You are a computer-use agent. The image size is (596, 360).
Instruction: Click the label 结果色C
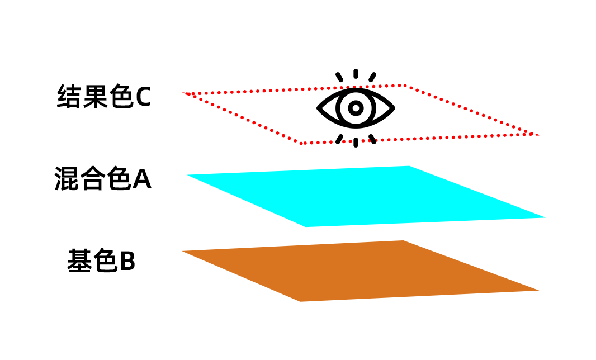click(104, 97)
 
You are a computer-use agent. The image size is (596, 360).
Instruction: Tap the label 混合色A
click(103, 179)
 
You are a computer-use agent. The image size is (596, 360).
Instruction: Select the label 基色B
click(101, 261)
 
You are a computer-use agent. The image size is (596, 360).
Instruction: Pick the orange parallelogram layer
click(358, 271)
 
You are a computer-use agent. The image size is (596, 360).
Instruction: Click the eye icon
click(356, 108)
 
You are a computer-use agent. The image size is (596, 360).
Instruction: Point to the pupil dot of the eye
click(356, 107)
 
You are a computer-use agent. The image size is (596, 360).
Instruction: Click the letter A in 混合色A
click(141, 179)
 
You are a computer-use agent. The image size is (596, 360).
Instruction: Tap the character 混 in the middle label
click(67, 179)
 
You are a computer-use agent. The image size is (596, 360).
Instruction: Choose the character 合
click(92, 179)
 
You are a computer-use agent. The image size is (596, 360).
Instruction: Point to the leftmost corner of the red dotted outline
click(183, 93)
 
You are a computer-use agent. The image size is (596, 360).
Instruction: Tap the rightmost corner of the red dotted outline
click(538, 135)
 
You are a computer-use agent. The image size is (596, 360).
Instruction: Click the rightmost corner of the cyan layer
click(543, 217)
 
